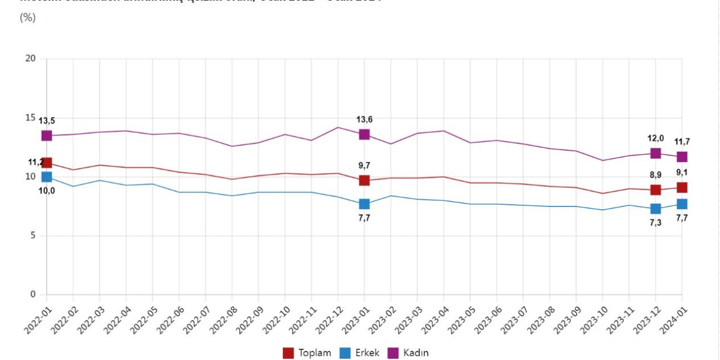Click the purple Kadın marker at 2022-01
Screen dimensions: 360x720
pyautogui.click(x=47, y=136)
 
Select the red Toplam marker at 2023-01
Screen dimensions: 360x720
pyautogui.click(x=364, y=181)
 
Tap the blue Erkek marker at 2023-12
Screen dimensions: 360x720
pyautogui.click(x=655, y=209)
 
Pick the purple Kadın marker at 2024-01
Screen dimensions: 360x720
pyautogui.click(x=682, y=157)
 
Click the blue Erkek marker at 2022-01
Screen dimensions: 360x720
pyautogui.click(x=47, y=177)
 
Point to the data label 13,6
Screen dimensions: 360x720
pyautogui.click(x=364, y=119)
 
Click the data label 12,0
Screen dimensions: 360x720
pyautogui.click(x=656, y=138)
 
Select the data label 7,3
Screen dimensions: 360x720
pyautogui.click(x=656, y=223)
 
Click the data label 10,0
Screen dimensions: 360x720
pyautogui.click(x=47, y=191)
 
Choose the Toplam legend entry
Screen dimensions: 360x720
pyautogui.click(x=307, y=353)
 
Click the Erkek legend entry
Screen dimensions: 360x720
pyautogui.click(x=359, y=353)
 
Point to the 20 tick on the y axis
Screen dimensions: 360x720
pyautogui.click(x=30, y=59)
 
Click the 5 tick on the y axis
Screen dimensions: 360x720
pyautogui.click(x=33, y=236)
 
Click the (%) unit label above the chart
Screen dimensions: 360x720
pyautogui.click(x=28, y=17)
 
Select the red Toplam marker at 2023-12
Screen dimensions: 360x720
pyautogui.click(x=655, y=190)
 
